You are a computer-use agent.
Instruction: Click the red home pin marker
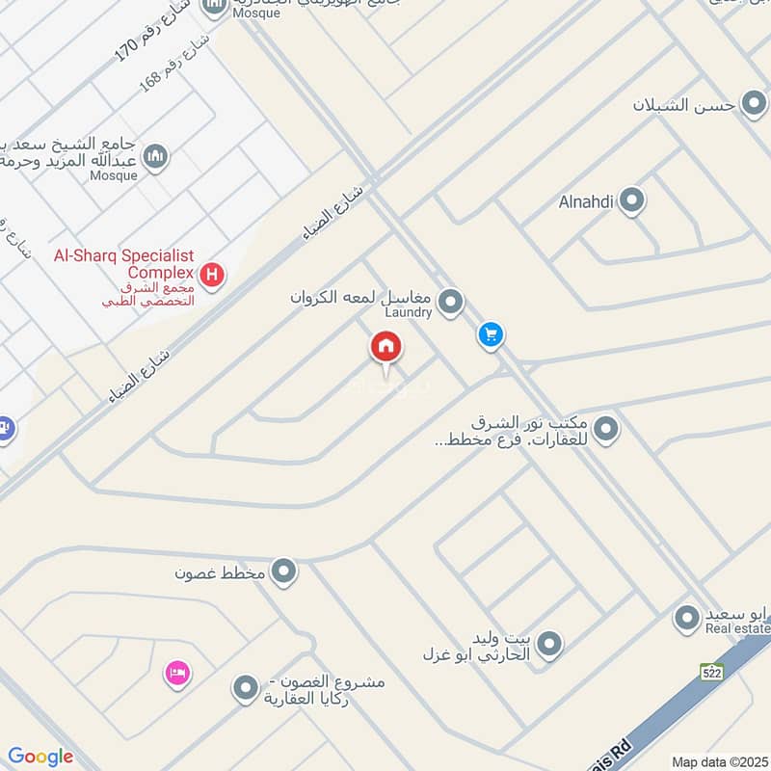point(386,348)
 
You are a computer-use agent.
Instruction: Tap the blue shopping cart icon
point(492,335)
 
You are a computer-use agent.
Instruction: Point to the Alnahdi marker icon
point(632,201)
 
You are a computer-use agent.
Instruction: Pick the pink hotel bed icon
point(176,670)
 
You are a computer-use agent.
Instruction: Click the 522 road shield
point(712,672)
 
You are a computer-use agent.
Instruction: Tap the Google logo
point(40,757)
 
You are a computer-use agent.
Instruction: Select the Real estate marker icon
point(687,618)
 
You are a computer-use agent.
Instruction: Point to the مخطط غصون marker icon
point(283,572)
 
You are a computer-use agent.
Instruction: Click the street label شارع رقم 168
point(173,66)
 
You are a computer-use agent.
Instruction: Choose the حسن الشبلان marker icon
point(753,103)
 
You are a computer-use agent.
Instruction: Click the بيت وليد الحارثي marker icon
point(549,644)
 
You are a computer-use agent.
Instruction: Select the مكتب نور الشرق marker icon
point(605,430)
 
